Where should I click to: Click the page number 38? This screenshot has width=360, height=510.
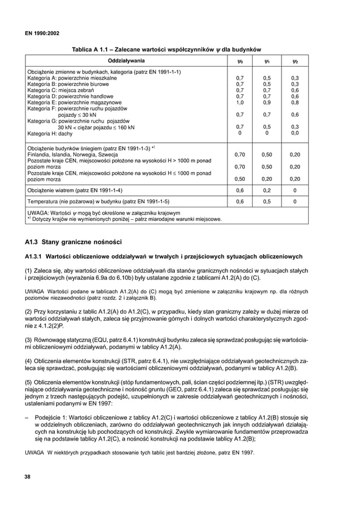[27, 477]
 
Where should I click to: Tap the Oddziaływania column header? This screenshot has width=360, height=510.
[125, 60]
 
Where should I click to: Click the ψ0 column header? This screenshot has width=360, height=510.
[240, 60]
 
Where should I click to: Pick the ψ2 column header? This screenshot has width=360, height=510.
[295, 60]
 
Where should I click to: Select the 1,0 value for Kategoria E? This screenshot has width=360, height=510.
[240, 103]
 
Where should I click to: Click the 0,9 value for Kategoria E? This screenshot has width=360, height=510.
[267, 103]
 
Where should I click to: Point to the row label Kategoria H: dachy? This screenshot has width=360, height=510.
[50, 133]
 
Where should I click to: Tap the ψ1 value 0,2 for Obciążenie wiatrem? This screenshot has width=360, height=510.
[267, 190]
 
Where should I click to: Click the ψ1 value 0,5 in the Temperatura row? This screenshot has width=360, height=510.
[267, 200]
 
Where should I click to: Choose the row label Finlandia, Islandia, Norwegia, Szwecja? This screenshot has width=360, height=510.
[72, 154]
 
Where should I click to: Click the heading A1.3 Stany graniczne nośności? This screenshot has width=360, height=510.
[73, 242]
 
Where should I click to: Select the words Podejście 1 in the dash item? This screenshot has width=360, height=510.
[51, 417]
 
